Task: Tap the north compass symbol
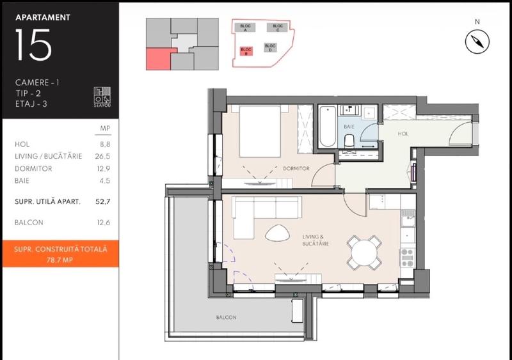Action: click(x=477, y=42)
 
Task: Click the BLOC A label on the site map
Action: click(x=244, y=27)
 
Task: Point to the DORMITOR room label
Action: click(x=296, y=169)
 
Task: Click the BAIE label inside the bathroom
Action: click(x=349, y=127)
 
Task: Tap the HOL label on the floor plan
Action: click(x=403, y=134)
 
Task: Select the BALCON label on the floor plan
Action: click(x=226, y=318)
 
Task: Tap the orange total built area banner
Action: click(x=60, y=254)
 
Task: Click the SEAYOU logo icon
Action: click(x=102, y=97)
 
